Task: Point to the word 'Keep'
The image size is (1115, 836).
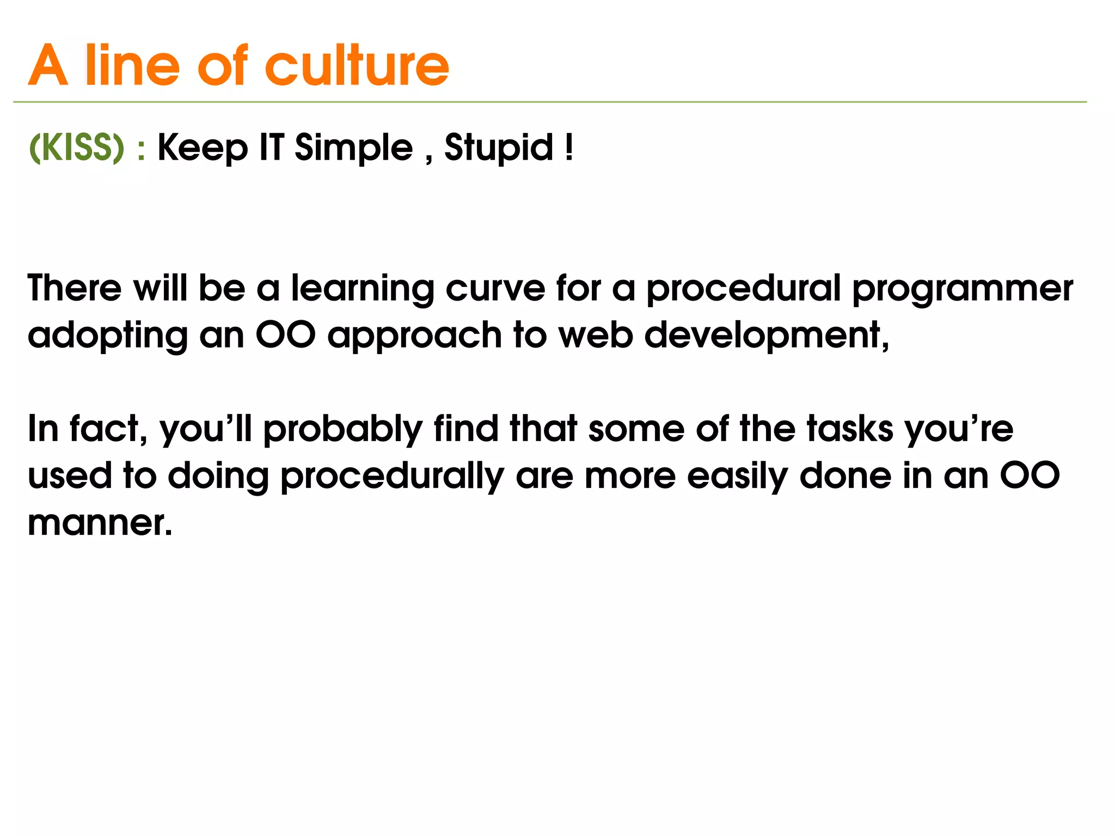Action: pos(202,148)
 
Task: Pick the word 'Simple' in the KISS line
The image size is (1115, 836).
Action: pos(353,148)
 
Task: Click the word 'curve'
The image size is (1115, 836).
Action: pos(495,288)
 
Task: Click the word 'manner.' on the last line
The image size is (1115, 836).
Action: pos(100,523)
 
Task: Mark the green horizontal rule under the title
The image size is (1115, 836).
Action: pos(550,102)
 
